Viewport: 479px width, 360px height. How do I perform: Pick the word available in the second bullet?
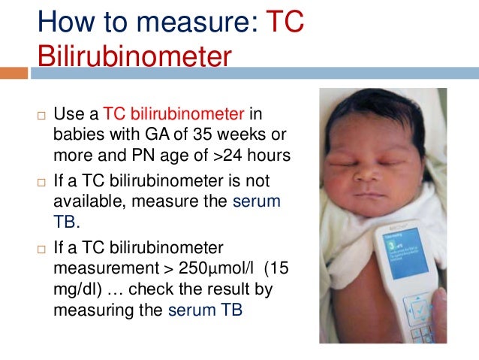click(x=88, y=202)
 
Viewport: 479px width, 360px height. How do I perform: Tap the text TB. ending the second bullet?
click(x=69, y=223)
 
